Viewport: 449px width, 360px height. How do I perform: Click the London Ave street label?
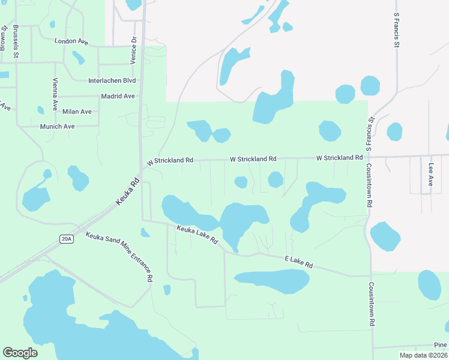tap(71, 41)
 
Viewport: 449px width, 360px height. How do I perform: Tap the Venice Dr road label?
tap(134, 50)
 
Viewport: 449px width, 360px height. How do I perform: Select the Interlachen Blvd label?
tap(112, 80)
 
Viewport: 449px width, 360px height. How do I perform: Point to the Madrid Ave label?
tap(118, 96)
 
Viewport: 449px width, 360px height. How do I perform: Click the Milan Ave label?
tap(77, 112)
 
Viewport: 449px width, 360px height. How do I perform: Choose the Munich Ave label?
tap(57, 127)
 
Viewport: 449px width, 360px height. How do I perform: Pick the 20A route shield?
tap(66, 239)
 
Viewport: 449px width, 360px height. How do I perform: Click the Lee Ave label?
tap(431, 174)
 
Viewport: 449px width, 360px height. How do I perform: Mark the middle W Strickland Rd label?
tap(253, 159)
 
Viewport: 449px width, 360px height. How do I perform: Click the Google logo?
tap(20, 353)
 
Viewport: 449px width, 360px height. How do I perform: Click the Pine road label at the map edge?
tap(441, 346)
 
